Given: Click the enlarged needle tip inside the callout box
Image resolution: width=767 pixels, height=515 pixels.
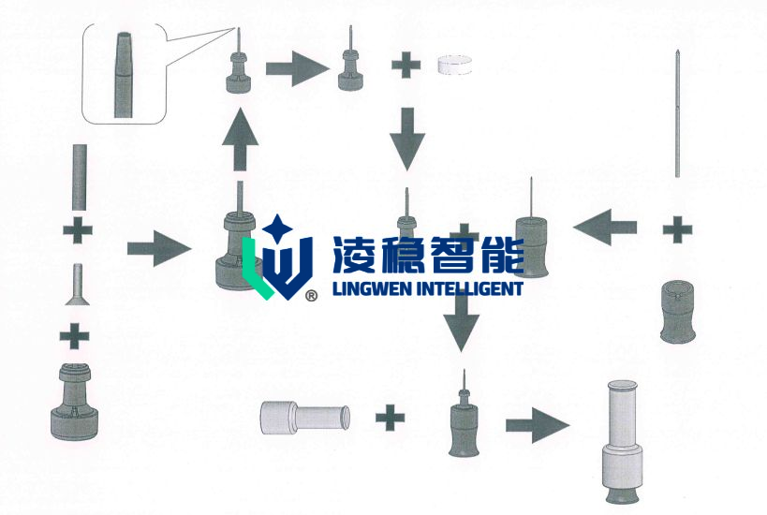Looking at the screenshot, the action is [x=124, y=75].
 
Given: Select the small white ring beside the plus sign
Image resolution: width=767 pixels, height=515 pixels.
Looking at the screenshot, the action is [x=454, y=65].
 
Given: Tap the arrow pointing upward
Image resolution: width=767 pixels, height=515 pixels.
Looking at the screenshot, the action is [x=240, y=140].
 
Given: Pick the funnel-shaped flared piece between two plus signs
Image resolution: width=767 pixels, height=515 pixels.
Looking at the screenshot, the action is [x=78, y=285].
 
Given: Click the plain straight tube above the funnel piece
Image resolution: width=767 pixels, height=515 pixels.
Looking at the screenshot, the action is [x=80, y=177].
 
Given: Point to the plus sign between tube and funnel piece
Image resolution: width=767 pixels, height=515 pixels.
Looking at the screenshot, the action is [x=78, y=229].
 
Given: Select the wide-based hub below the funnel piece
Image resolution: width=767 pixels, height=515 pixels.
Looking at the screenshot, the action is [x=74, y=402].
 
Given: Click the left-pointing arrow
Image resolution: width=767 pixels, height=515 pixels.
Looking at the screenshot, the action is [x=605, y=227].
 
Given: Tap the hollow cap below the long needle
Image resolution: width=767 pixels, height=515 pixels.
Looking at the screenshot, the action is [x=677, y=312].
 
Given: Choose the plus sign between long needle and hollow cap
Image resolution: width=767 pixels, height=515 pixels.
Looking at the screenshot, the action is [x=677, y=228].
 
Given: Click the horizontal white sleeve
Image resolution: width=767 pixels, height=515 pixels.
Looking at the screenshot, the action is [x=305, y=418].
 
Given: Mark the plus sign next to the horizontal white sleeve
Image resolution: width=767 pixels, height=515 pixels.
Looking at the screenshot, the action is [x=391, y=418].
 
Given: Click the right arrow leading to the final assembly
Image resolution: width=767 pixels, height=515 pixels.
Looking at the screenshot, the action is [x=538, y=425].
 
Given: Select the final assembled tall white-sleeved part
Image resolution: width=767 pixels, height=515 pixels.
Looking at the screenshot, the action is [x=622, y=442].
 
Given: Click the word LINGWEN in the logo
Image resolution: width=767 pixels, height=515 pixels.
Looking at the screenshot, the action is [x=372, y=288].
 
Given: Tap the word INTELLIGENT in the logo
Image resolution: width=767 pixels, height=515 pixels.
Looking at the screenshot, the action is [x=469, y=288].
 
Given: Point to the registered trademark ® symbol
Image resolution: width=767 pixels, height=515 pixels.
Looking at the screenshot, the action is [x=311, y=295].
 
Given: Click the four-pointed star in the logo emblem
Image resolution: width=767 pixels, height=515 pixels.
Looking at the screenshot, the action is [x=277, y=227].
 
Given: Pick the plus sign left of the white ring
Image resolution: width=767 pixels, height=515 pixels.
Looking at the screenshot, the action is [x=406, y=64].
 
